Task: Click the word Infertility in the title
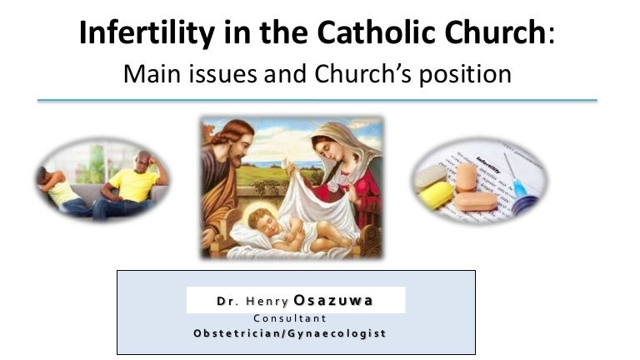click(x=147, y=32)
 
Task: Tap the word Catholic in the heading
click(x=376, y=32)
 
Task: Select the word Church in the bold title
click(x=495, y=32)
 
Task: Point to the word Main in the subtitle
click(x=152, y=74)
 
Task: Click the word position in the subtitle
click(x=465, y=75)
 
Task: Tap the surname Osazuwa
click(x=333, y=300)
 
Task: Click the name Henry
click(x=267, y=301)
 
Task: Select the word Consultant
click(x=290, y=318)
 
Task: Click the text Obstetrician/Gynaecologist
click(x=290, y=333)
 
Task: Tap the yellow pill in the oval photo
click(x=436, y=195)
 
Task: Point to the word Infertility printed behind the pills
click(x=488, y=164)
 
